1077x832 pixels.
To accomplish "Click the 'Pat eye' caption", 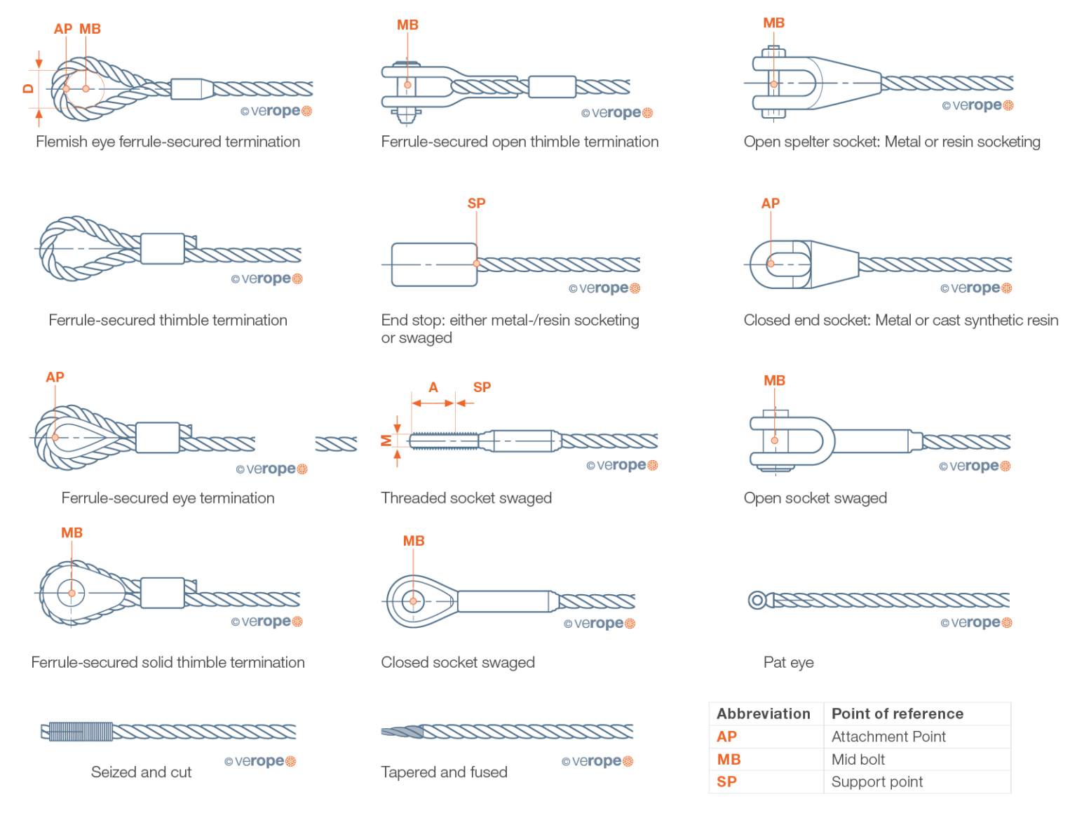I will (x=788, y=662).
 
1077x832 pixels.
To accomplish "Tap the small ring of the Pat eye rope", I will (x=757, y=600).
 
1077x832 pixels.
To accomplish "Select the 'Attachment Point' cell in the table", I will (x=888, y=737).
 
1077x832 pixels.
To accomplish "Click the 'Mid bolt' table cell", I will (x=858, y=759).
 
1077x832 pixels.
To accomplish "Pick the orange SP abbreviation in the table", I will (x=726, y=781).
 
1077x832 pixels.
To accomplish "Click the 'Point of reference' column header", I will (x=897, y=713).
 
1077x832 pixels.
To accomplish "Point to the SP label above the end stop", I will (x=476, y=203).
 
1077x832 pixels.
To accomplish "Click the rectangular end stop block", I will (x=433, y=264).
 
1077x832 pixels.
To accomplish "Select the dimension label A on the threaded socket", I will (x=433, y=387).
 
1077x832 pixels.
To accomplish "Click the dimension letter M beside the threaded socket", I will (x=386, y=441).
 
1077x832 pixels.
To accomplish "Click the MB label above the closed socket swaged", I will (x=414, y=541).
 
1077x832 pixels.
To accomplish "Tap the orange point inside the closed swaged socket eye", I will (x=413, y=601).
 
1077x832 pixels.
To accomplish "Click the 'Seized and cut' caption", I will (x=141, y=772).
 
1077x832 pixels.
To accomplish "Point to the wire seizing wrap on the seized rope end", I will (x=81, y=732).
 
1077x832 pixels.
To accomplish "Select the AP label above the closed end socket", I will (x=770, y=203).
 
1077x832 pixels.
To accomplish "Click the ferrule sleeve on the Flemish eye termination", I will (x=191, y=89).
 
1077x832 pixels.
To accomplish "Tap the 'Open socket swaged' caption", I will (x=815, y=498).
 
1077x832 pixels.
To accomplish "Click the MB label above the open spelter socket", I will (x=773, y=23).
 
